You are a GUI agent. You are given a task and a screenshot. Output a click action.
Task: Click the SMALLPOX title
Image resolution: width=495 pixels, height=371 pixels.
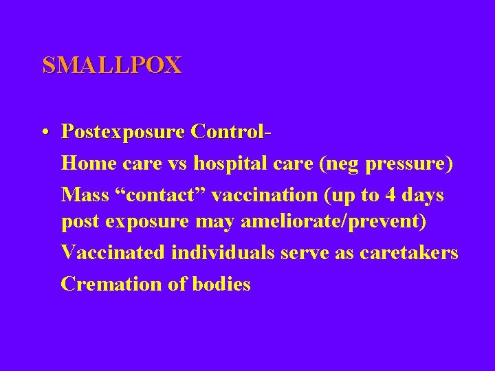tap(111, 65)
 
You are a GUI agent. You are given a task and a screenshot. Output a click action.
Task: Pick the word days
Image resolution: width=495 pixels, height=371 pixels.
tap(424, 196)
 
